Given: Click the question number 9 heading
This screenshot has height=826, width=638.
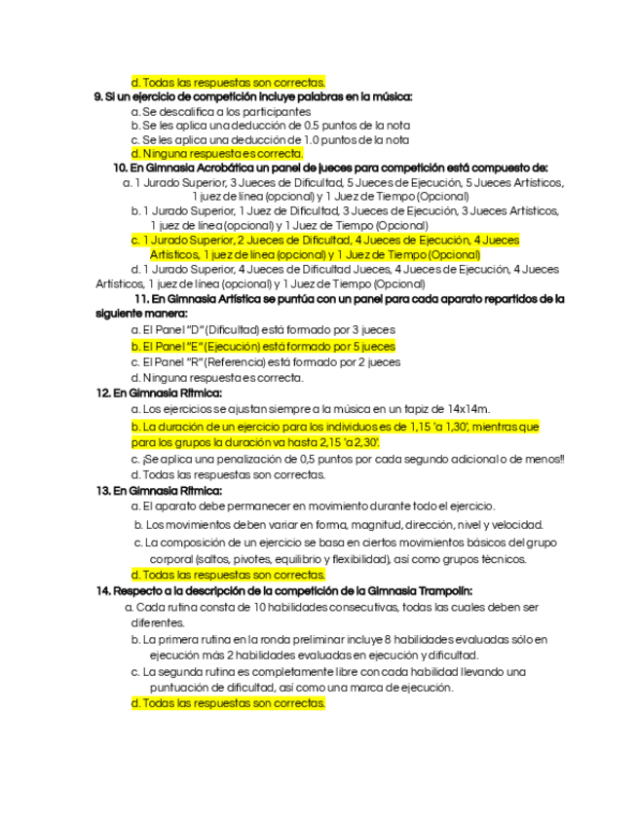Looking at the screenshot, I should pos(98,96).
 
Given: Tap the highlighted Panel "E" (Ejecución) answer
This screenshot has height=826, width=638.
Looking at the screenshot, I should pos(263,346).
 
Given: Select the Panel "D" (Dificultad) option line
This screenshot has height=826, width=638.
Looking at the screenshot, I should pos(249,330).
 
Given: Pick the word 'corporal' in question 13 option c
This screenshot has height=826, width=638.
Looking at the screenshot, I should pos(170,559).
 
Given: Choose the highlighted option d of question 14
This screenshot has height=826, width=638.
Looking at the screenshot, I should pos(227,702).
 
